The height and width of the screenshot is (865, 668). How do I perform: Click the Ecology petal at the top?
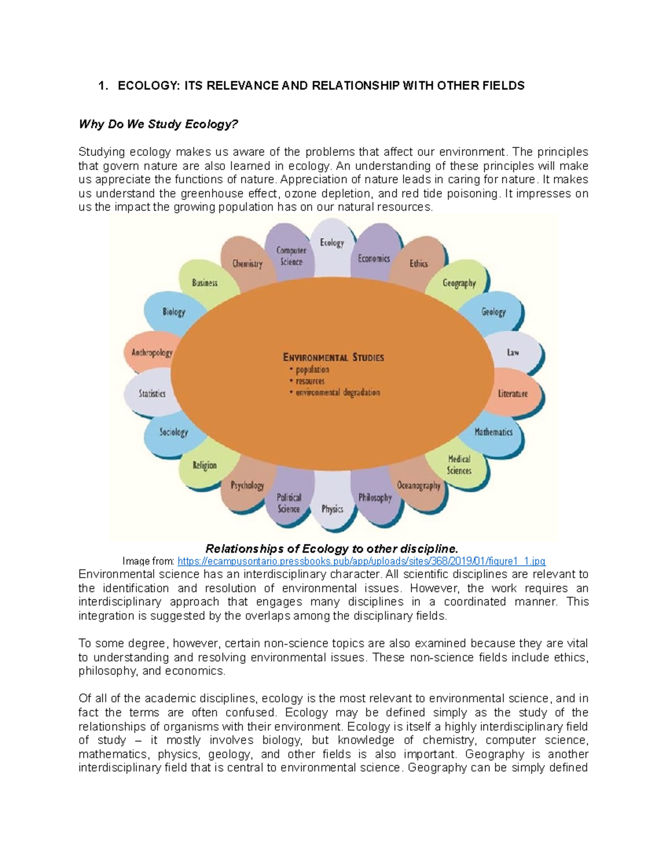click(x=332, y=243)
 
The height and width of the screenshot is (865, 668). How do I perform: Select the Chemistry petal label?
click(x=247, y=263)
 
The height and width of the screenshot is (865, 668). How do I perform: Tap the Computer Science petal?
click(x=291, y=256)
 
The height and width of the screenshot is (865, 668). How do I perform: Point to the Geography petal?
click(x=459, y=283)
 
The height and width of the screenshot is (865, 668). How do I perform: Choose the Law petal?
click(x=513, y=352)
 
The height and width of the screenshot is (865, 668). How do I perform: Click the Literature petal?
click(x=513, y=393)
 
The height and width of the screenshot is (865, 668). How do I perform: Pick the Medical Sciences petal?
click(x=459, y=465)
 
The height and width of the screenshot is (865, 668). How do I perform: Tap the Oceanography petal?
click(x=419, y=486)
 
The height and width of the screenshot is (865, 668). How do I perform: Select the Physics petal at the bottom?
click(x=332, y=509)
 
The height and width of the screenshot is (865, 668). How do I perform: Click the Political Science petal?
click(x=289, y=503)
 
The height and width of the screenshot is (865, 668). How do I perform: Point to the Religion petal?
click(x=204, y=465)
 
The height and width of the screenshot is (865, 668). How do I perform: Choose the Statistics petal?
click(x=152, y=393)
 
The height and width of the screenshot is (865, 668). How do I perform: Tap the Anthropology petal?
click(x=151, y=353)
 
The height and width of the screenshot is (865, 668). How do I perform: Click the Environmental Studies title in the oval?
click(x=333, y=357)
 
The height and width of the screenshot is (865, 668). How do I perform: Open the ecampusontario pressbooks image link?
click(x=361, y=561)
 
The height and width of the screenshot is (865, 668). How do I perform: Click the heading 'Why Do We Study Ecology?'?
click(x=158, y=124)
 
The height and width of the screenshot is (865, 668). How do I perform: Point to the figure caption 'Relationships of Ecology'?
click(x=332, y=549)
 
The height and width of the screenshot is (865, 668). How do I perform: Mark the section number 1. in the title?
click(x=102, y=86)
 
